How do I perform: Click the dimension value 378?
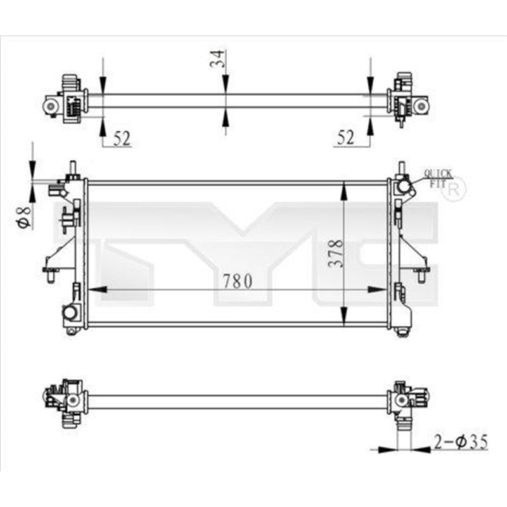coord(337,253)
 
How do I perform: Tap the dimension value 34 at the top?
coord(216,60)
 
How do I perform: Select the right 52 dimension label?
coord(345,138)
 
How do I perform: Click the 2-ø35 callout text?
coord(461,442)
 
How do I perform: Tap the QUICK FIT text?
coord(438,177)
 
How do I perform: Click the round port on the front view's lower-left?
coord(70,312)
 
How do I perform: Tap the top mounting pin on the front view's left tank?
coord(72,167)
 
